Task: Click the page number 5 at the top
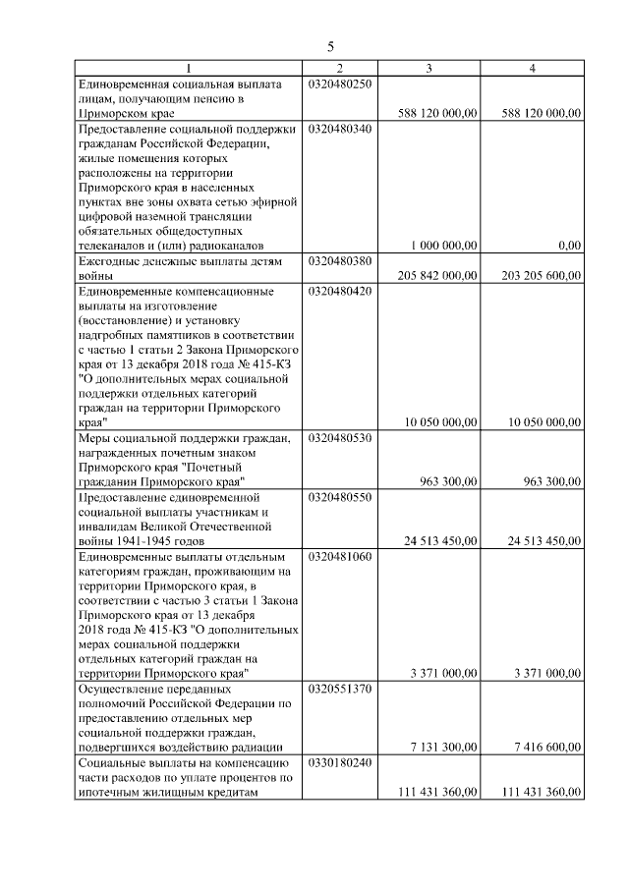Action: [330, 46]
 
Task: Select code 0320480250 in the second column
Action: [340, 84]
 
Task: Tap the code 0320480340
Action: [340, 129]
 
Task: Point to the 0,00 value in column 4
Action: [567, 246]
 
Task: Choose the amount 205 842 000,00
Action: [437, 276]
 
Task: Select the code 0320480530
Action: [340, 438]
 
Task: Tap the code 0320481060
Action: [340, 556]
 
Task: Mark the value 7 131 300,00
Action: [444, 747]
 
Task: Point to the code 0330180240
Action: [340, 762]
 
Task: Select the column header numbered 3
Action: [429, 69]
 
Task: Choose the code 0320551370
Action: [340, 689]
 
